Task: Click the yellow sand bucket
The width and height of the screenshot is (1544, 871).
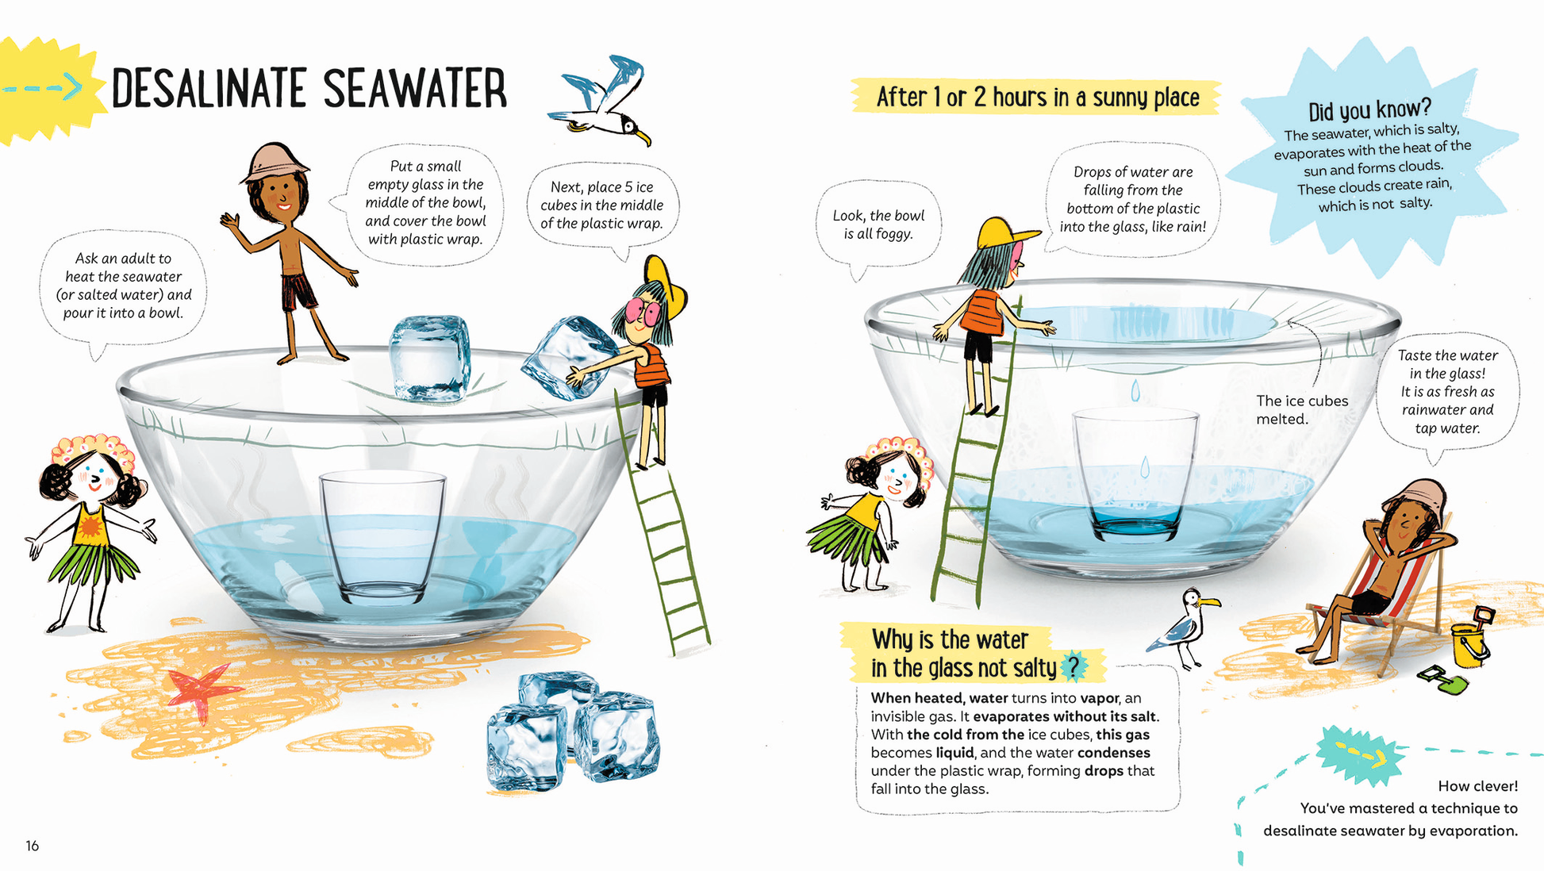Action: coord(1471,639)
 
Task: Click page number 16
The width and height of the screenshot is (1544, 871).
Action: coord(32,846)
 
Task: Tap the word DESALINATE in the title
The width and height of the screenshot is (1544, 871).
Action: coord(209,88)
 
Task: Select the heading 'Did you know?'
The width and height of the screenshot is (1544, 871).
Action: coord(1369,109)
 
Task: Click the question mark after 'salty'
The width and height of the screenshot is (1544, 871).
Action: coord(1073,667)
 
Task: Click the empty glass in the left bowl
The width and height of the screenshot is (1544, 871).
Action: coord(382,538)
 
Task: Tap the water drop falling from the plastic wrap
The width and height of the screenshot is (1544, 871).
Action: coord(1135,390)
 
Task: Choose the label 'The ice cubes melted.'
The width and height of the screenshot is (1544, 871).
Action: coord(1302,409)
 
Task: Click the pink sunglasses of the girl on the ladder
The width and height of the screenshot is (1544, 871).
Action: coord(642,312)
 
